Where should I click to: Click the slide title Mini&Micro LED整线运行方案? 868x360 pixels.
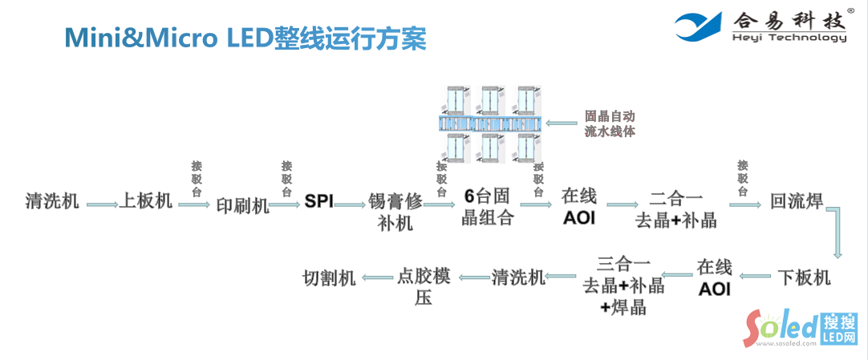pos(245,38)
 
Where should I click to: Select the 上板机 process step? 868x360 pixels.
pos(146,200)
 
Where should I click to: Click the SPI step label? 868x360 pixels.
pos(318,201)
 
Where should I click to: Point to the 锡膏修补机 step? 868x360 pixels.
pos(395,210)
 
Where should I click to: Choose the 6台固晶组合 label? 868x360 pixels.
pos(487,206)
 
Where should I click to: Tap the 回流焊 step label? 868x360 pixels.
pos(796,200)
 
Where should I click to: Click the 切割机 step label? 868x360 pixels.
pos(328,277)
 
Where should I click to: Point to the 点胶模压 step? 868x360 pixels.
pos(424,286)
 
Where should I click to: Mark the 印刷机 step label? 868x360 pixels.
pos(242,205)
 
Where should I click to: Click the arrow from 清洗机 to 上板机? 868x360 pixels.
pos(101,205)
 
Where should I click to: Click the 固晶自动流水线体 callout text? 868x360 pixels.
pos(610,123)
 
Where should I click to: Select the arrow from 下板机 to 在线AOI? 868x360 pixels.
pos(755,277)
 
